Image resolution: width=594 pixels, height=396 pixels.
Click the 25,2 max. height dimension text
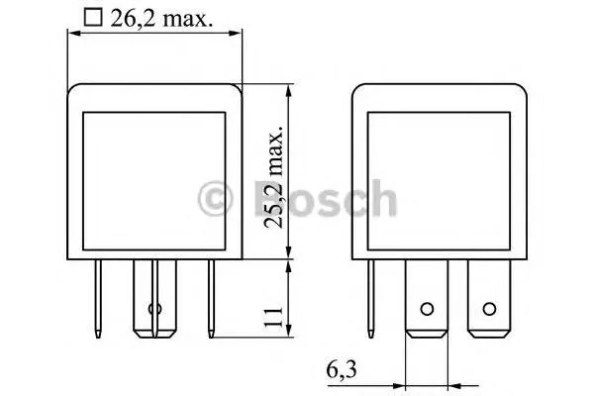tap(276, 173)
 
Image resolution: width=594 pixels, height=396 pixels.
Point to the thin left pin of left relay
tap(101, 298)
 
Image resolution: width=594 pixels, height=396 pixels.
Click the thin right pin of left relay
tap(210, 298)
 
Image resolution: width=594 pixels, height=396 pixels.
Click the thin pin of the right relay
tap(372, 298)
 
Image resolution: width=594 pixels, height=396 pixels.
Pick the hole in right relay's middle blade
tap(427, 309)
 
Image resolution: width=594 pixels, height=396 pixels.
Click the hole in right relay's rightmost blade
tap(487, 309)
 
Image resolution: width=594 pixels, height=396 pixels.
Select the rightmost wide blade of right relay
tap(487, 297)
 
